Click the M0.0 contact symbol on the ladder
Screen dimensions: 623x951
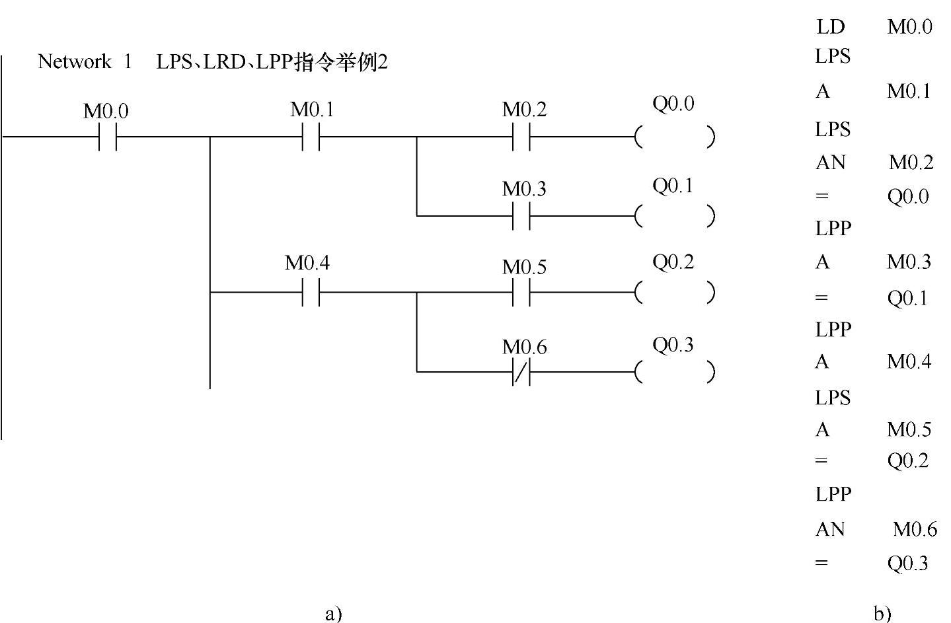click(x=108, y=137)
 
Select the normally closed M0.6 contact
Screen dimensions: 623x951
click(x=521, y=373)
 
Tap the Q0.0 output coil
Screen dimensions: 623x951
click(x=674, y=137)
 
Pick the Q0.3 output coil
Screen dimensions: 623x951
click(x=674, y=373)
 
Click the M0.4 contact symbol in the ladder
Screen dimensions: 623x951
click(x=311, y=292)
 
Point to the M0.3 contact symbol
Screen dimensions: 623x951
click(x=521, y=216)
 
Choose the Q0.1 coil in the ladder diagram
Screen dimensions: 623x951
click(x=674, y=216)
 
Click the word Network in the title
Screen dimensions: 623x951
click(x=75, y=61)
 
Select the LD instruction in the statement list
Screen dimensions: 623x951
click(x=831, y=26)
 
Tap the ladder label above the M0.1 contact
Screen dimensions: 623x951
click(x=312, y=110)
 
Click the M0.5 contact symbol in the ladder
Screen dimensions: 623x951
click(x=521, y=292)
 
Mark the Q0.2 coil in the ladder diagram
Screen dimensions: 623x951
click(x=674, y=292)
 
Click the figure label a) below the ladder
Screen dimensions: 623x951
click(x=334, y=614)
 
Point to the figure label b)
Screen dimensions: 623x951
click(x=882, y=614)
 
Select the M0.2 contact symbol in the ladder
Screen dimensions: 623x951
click(x=521, y=137)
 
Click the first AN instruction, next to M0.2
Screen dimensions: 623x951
click(x=831, y=162)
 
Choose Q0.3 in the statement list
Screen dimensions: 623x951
click(x=907, y=563)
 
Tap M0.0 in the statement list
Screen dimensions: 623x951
click(x=909, y=26)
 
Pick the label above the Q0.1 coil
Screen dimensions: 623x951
click(x=673, y=186)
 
